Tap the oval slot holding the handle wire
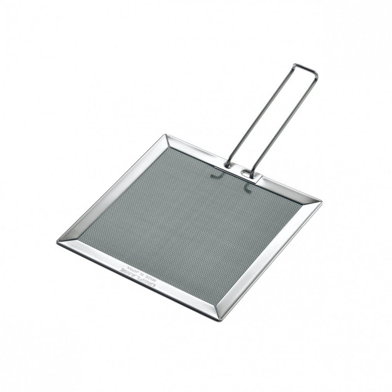[246, 173]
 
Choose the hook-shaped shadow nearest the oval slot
[246, 188]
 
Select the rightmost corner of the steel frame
[321, 202]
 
